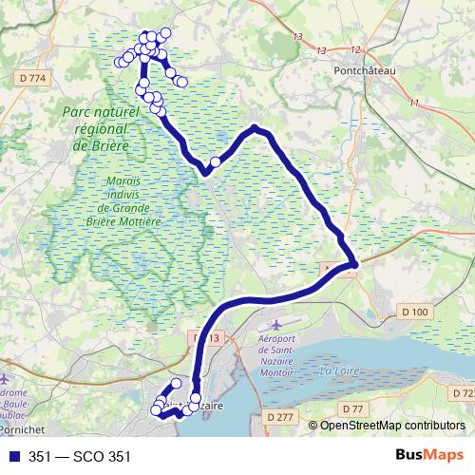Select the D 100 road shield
pos(414,311)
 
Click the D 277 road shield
pos(280,416)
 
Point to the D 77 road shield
pos(353,408)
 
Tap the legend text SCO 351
pos(93,455)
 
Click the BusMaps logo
pos(427,454)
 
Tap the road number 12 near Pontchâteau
pos(356,49)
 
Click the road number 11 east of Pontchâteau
pos(414,103)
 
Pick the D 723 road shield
pos(465,393)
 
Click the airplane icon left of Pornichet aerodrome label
pos(9,363)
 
